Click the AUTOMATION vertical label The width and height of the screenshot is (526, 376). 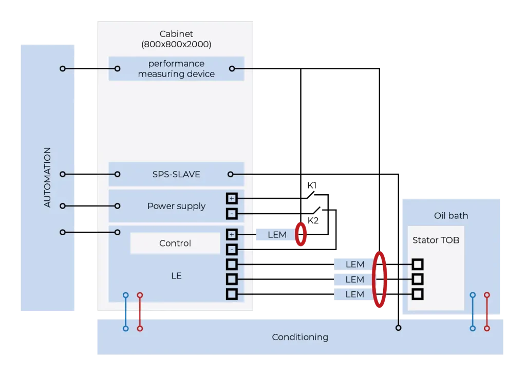tap(47, 177)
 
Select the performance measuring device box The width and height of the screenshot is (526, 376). tap(176, 69)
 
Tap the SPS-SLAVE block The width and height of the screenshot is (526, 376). tap(176, 175)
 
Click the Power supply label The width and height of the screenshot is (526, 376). tap(176, 206)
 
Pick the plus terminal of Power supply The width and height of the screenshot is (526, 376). tap(232, 198)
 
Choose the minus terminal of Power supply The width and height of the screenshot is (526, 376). tap(232, 213)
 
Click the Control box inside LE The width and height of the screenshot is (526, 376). tap(175, 243)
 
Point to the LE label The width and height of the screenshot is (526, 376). tap(176, 276)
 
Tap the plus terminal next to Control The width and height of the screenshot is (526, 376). tap(232, 235)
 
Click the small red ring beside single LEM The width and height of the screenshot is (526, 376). tap(301, 235)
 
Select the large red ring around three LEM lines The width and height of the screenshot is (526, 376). tap(380, 279)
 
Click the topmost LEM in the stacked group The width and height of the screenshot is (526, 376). tap(354, 265)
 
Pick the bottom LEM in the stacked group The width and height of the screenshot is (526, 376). tap(354, 294)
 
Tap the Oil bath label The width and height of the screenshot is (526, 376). tap(450, 216)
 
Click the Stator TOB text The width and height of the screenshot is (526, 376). tap(436, 240)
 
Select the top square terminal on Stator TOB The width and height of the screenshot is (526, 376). tap(418, 265)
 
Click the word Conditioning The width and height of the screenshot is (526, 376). tap(299, 337)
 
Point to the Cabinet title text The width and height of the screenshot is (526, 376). tap(176, 34)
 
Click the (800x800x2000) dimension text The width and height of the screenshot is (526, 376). tap(176, 45)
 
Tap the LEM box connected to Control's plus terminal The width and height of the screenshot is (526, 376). tap(277, 235)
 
